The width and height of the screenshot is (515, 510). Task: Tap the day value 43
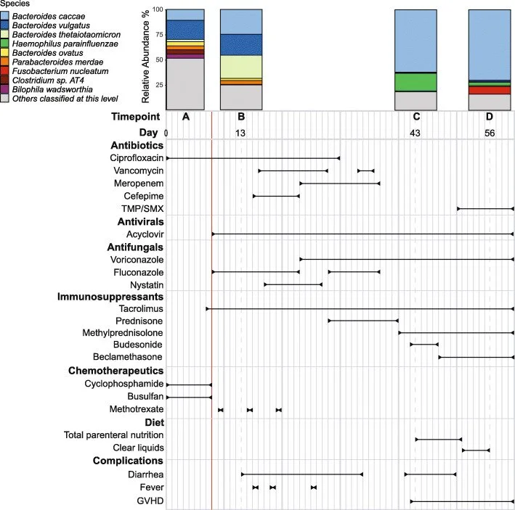tap(415, 133)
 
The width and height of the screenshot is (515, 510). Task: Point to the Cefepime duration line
tap(276, 196)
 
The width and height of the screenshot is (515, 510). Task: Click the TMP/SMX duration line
tap(485, 209)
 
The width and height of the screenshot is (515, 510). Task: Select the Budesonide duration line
tap(424, 344)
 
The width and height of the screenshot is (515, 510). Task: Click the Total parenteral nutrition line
tap(439, 439)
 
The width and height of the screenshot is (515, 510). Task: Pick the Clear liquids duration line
tap(476, 451)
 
